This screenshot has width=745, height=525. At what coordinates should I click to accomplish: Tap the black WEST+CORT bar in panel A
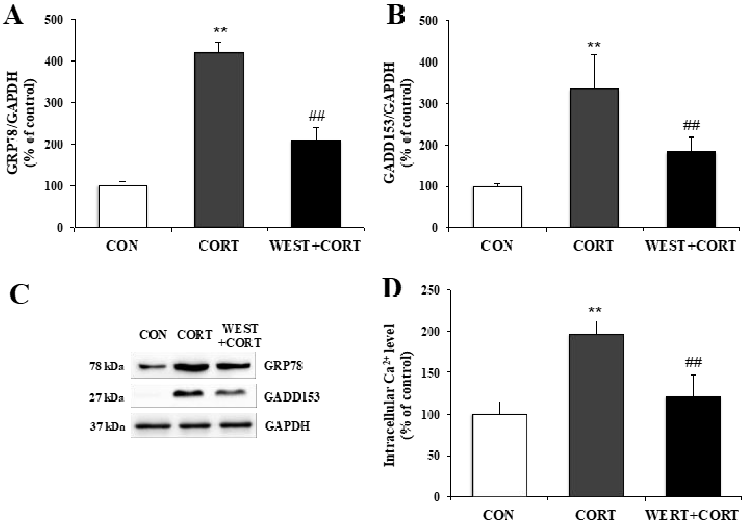316,183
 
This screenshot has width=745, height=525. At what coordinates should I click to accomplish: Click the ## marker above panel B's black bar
691,125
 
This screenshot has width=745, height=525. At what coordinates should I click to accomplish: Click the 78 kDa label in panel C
107,367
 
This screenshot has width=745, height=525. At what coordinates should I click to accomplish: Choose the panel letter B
396,16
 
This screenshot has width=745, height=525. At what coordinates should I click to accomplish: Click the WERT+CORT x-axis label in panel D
691,515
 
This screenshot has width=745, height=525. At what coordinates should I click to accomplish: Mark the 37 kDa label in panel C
107,427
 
